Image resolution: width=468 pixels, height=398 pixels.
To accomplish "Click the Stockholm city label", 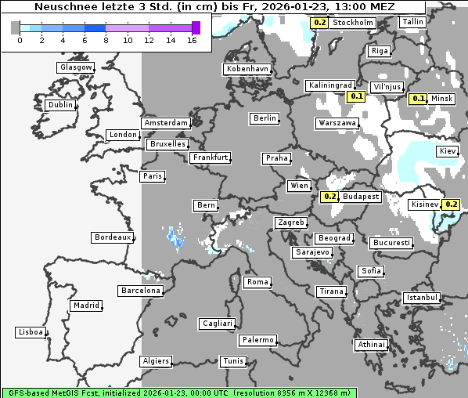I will [352, 23].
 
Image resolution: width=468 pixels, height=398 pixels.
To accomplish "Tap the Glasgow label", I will [76, 67].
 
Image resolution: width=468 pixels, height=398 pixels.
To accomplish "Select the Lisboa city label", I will [30, 332].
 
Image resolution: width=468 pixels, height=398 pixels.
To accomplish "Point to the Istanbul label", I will [422, 298].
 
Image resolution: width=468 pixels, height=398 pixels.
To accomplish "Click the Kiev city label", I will [448, 150].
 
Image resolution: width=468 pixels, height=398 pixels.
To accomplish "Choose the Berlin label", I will [265, 118].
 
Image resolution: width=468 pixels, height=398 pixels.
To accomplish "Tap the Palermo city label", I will [257, 340].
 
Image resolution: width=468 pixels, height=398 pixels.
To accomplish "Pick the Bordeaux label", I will [111, 237].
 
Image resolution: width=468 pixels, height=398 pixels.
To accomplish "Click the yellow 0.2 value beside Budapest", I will [329, 197].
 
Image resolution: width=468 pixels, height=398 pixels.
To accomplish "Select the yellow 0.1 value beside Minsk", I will [418, 99].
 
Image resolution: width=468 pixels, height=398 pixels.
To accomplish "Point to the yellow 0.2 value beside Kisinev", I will [451, 204].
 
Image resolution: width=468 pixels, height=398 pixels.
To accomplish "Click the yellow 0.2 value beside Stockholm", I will [319, 23].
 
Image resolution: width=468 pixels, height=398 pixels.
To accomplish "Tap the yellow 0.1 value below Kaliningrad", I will [356, 96].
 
